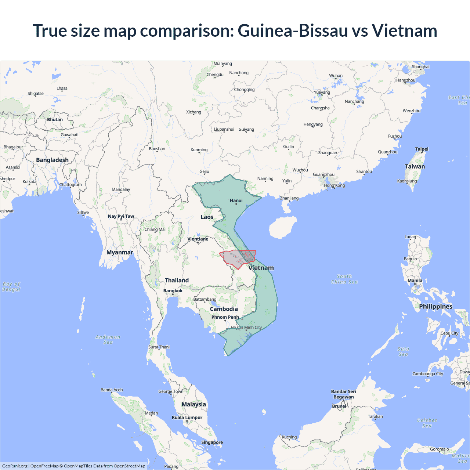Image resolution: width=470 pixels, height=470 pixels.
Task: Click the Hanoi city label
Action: pyautogui.click(x=236, y=200)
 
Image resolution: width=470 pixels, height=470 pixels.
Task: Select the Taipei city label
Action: pyautogui.click(x=422, y=149)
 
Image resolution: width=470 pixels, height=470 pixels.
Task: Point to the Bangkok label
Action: pyautogui.click(x=173, y=291)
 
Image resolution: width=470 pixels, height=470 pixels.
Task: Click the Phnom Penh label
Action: pyautogui.click(x=225, y=317)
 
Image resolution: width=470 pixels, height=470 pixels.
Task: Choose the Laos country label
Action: pyautogui.click(x=207, y=217)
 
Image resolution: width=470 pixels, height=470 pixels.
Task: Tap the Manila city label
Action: pyautogui.click(x=415, y=281)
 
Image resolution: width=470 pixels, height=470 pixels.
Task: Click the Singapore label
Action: pyautogui.click(x=212, y=442)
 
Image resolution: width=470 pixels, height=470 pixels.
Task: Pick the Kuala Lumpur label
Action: pyautogui.click(x=187, y=417)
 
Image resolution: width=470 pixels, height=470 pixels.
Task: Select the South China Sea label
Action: pyautogui.click(x=344, y=279)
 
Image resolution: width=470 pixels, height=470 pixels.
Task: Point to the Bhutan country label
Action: pyautogui.click(x=55, y=120)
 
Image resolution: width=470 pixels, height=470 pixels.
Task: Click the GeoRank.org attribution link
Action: pyautogui.click(x=15, y=466)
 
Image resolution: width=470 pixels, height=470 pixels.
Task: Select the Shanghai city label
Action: pyautogui.click(x=420, y=67)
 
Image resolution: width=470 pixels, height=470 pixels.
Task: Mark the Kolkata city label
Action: pyautogui.click(x=29, y=182)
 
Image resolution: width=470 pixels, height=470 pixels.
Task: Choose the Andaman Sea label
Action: pyautogui.click(x=108, y=340)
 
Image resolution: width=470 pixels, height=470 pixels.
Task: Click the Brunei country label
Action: pyautogui.click(x=339, y=406)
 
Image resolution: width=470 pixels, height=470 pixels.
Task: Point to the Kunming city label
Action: pyautogui.click(x=199, y=150)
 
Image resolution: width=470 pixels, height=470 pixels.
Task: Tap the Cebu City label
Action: pyautogui.click(x=449, y=333)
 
